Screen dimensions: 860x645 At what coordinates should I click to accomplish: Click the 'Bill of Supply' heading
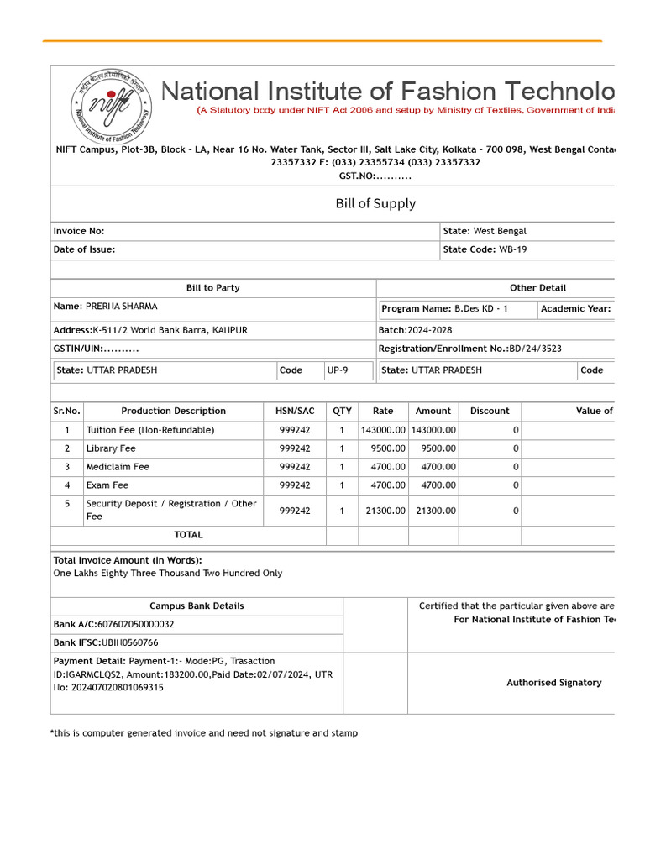375,203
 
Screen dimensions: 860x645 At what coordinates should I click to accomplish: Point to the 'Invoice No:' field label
79,231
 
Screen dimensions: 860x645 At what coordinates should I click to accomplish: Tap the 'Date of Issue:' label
85,249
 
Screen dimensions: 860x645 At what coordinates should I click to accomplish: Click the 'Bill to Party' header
212,288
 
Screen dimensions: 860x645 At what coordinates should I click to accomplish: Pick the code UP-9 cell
338,370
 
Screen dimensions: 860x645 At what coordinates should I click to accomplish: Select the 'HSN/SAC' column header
295,412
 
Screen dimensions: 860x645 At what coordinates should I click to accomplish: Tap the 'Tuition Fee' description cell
150,430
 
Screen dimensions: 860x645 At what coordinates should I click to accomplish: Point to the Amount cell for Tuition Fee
433,430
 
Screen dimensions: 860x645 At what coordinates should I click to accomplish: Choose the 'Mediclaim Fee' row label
118,467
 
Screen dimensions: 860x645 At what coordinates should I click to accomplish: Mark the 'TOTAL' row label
188,535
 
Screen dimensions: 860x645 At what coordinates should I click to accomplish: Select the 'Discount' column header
490,412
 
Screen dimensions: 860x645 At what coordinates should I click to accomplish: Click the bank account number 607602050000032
134,625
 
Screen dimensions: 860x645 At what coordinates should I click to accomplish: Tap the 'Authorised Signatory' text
553,683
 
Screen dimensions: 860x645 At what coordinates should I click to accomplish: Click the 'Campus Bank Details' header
197,606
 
